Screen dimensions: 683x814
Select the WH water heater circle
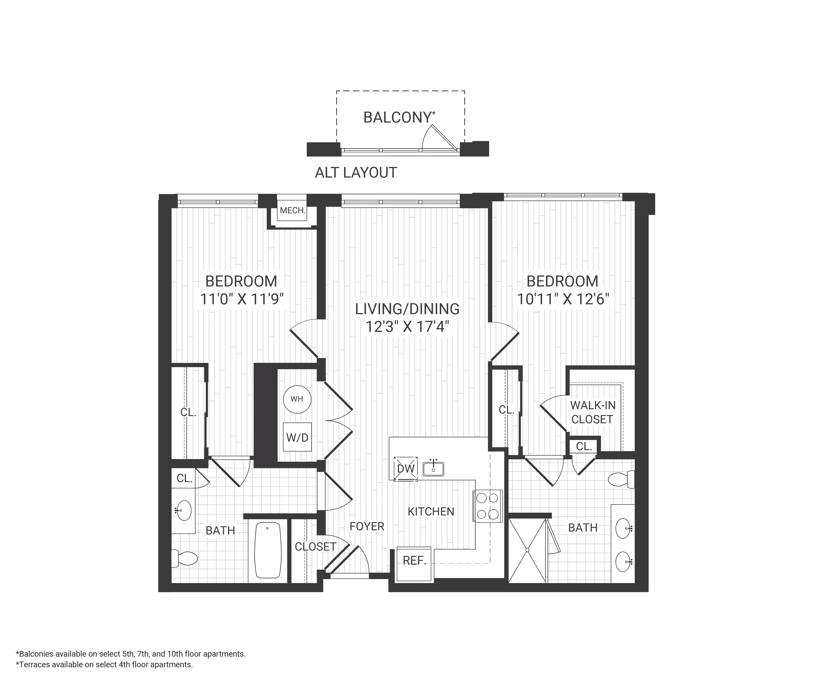point(297,399)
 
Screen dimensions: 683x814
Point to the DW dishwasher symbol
point(405,469)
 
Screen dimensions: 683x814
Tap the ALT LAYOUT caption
point(356,172)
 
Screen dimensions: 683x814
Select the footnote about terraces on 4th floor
point(104,664)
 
